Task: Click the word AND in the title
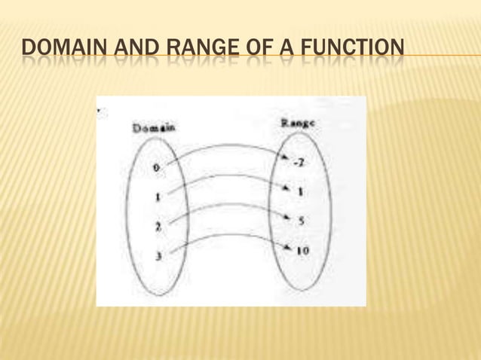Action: coord(135,52)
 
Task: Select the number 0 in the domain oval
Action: coord(156,169)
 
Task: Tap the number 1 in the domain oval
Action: coord(157,197)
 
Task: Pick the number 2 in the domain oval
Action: coord(157,226)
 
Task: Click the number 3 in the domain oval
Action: coord(158,256)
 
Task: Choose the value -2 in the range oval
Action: coord(299,163)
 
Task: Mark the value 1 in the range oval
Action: coord(300,191)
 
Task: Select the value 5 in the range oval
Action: coord(300,221)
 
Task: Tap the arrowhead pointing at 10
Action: coord(288,248)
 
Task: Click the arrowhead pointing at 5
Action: coord(287,218)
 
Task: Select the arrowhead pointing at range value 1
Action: coord(286,189)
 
